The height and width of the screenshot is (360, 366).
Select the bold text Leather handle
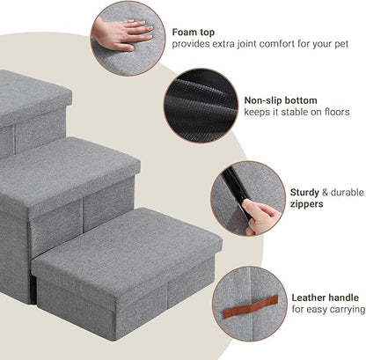point(325,298)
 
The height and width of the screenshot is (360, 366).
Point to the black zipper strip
point(234,189)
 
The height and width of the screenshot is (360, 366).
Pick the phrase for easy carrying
point(327,310)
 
